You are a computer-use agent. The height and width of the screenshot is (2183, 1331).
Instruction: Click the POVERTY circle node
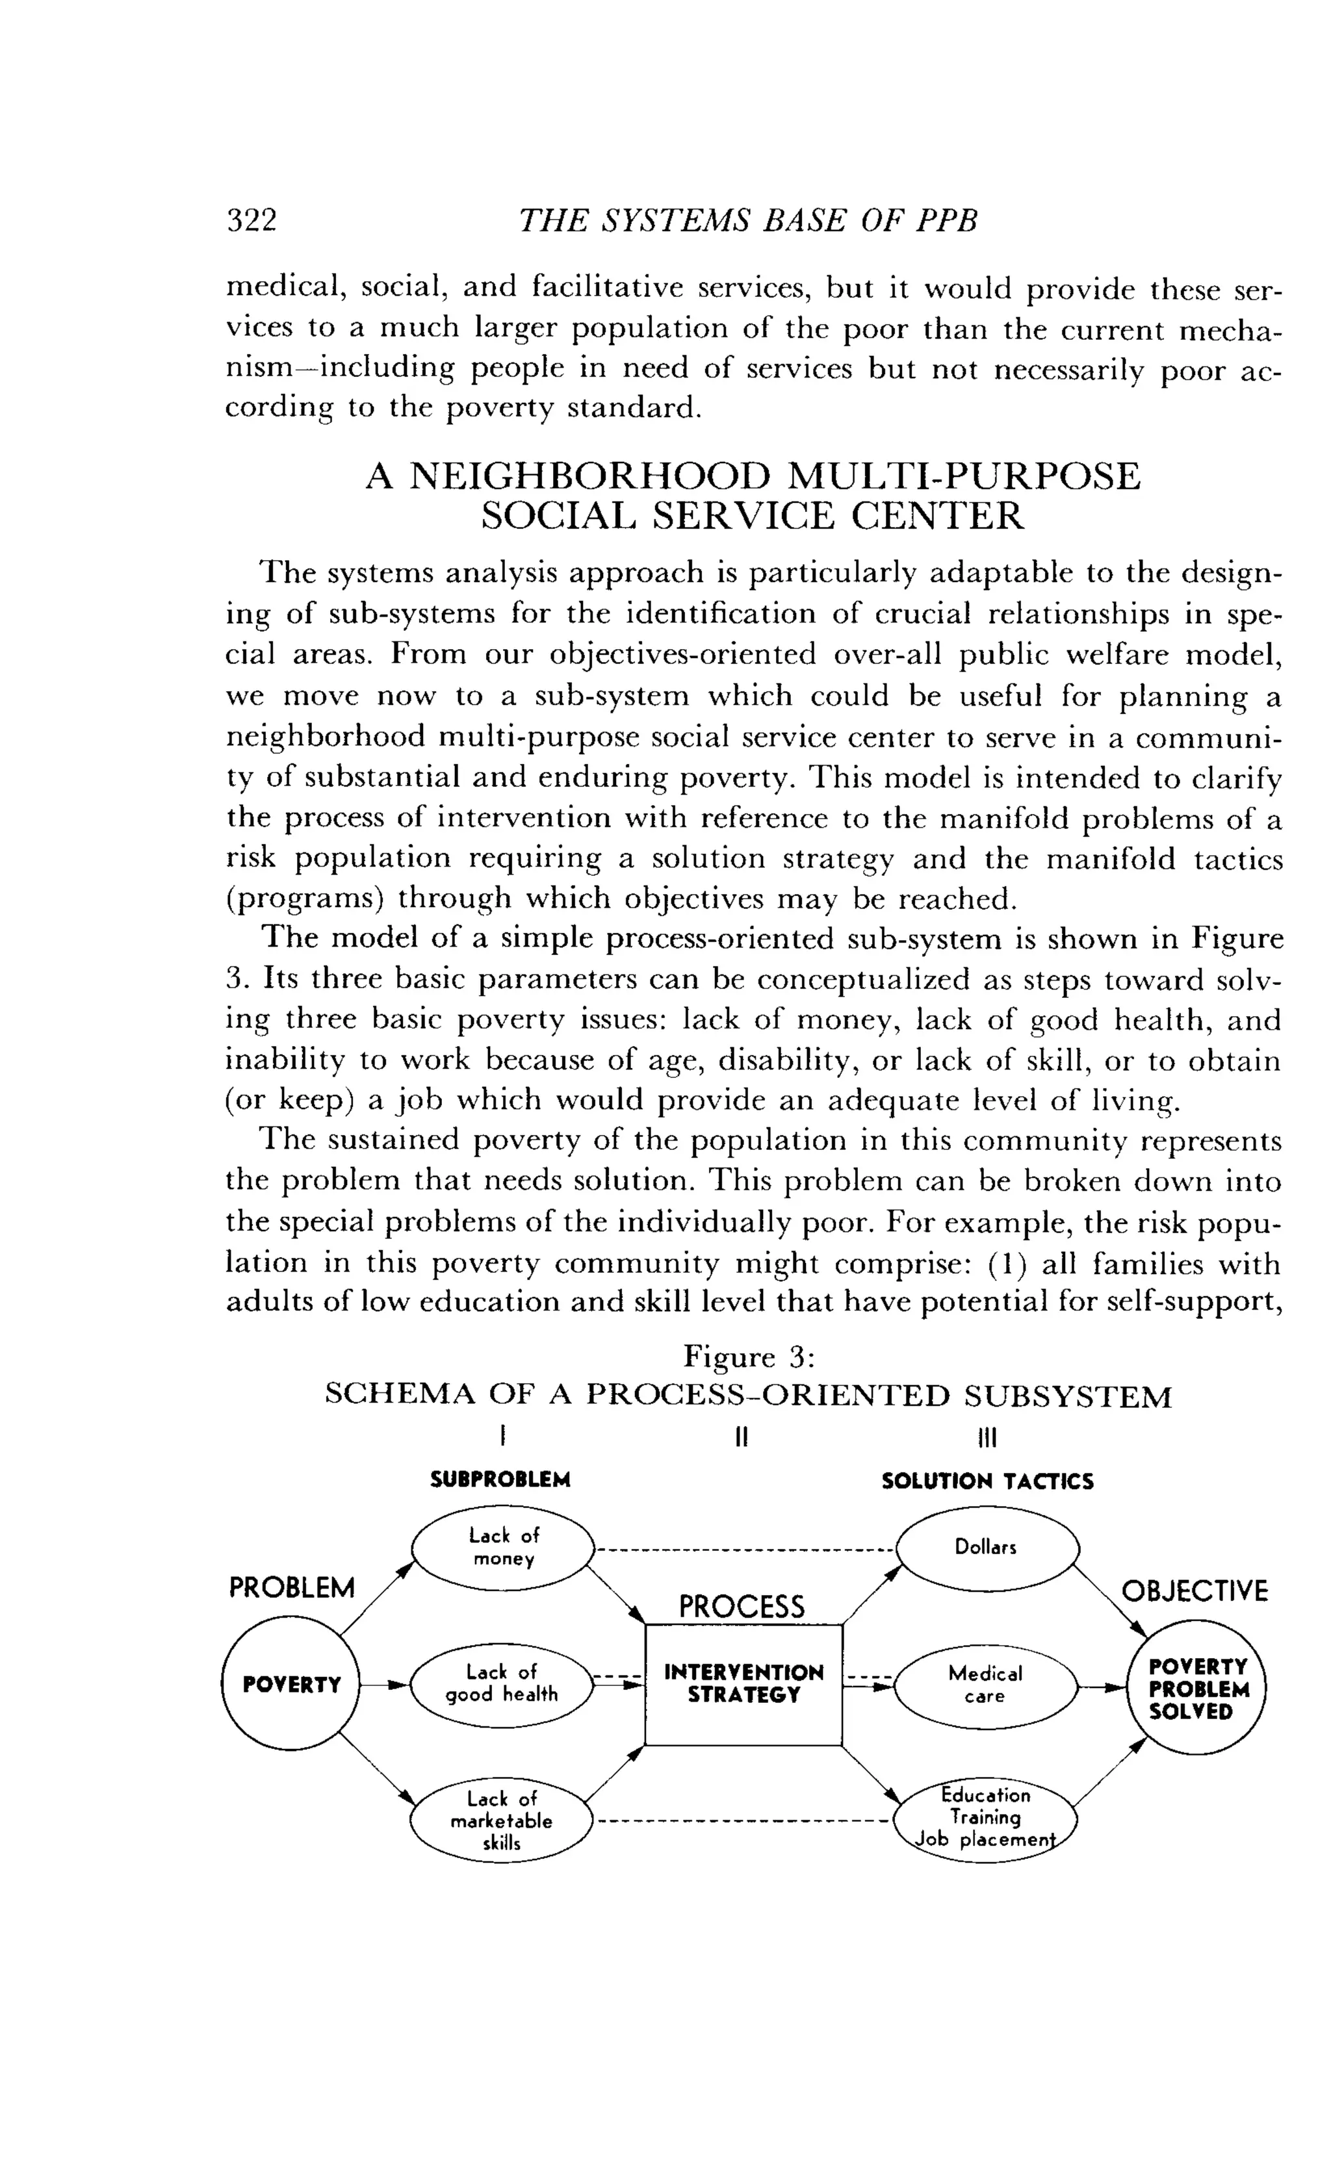pyautogui.click(x=292, y=1683)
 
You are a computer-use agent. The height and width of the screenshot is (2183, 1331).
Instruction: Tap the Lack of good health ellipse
pyautogui.click(x=502, y=1683)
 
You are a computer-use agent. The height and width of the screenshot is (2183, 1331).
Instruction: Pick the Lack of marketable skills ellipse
pyautogui.click(x=502, y=1820)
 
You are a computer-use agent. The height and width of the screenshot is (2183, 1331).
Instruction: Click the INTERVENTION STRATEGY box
pyautogui.click(x=743, y=1684)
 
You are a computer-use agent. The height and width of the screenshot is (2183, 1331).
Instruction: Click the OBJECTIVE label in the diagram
pyautogui.click(x=1195, y=1592)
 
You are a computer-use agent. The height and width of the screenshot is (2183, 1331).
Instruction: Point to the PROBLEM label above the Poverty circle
pyautogui.click(x=292, y=1588)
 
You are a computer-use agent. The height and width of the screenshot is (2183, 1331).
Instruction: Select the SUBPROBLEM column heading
pyautogui.click(x=500, y=1479)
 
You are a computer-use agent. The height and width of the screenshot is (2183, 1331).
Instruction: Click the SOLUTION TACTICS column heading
pyautogui.click(x=987, y=1481)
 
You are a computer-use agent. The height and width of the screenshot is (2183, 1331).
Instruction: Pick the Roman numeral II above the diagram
pyautogui.click(x=743, y=1436)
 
